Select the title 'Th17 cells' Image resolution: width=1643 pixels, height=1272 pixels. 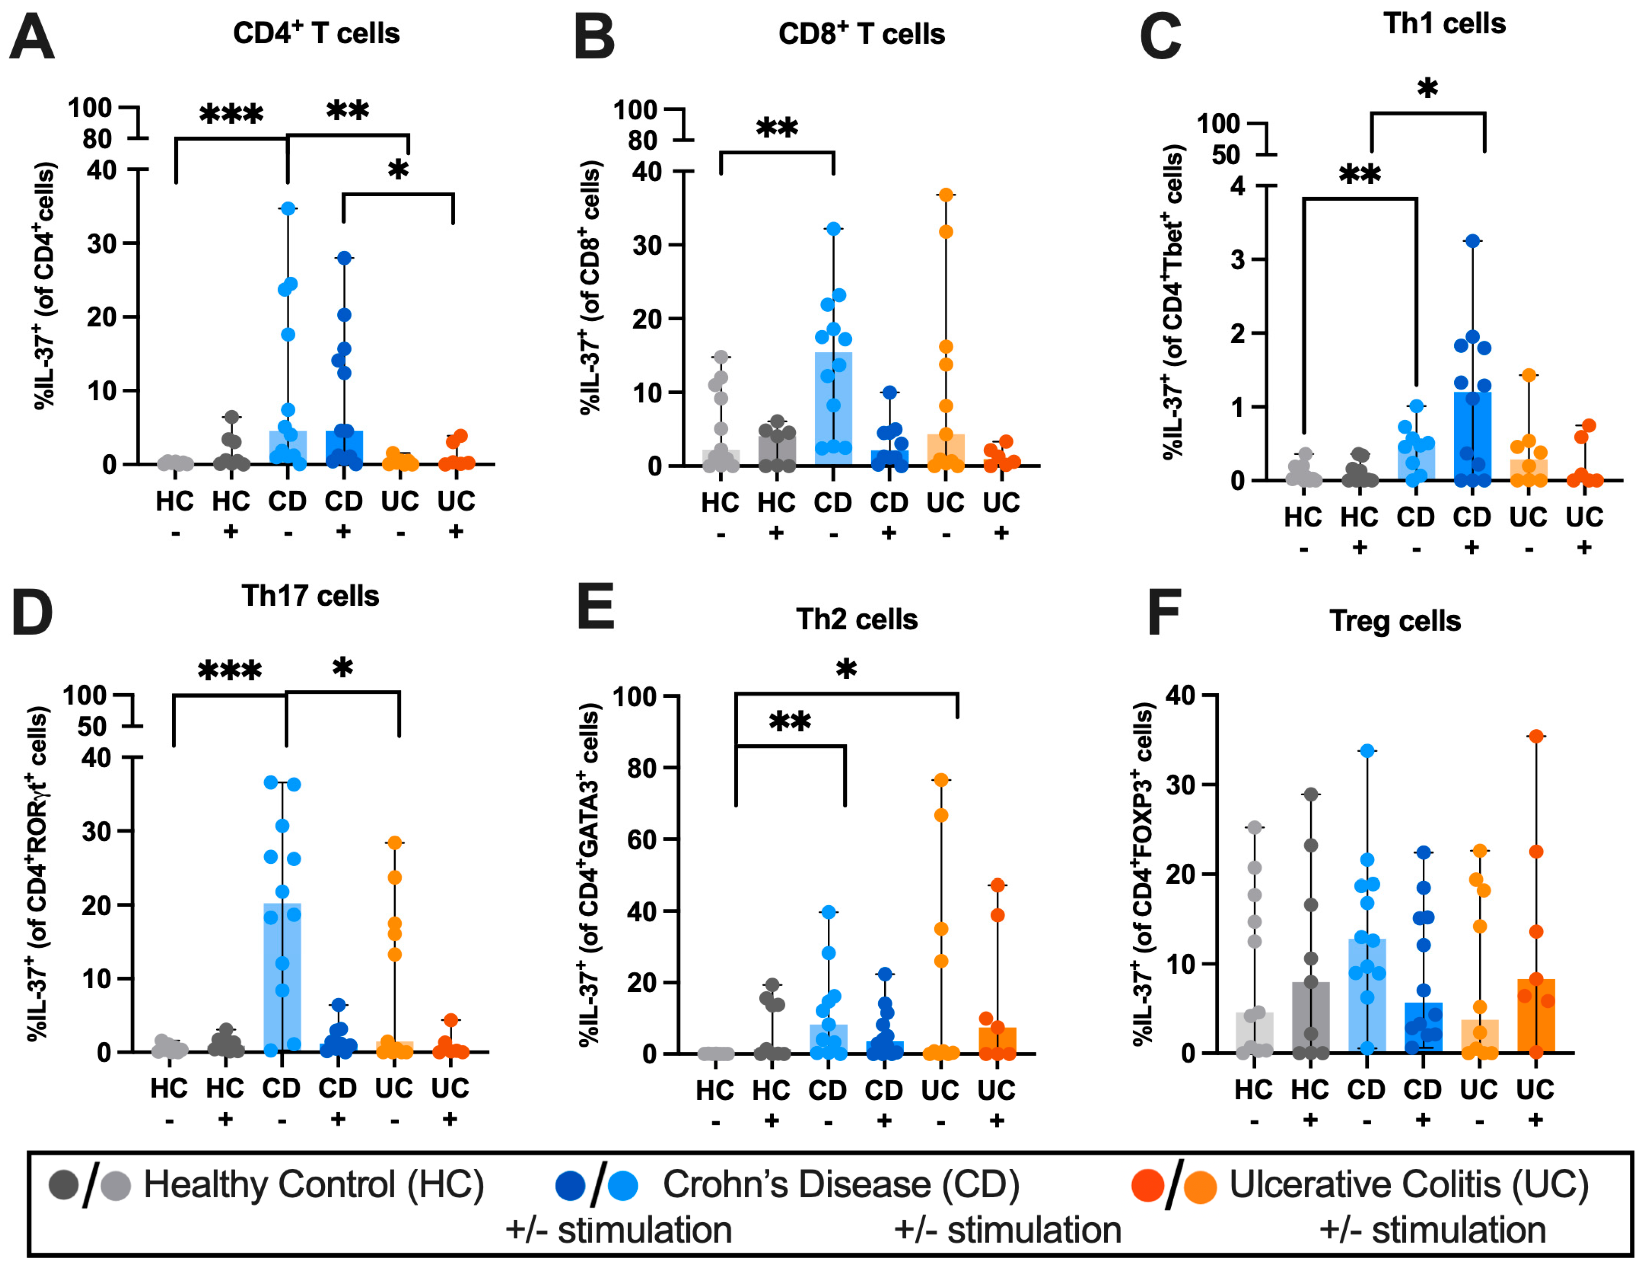click(310, 596)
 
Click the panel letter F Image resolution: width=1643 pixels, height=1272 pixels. click(1163, 613)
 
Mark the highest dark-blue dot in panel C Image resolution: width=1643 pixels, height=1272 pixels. click(1472, 241)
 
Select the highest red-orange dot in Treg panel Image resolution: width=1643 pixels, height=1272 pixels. click(1536, 736)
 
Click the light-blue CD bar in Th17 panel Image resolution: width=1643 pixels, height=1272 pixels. click(282, 977)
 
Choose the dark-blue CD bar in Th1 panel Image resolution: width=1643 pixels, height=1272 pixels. click(1472, 436)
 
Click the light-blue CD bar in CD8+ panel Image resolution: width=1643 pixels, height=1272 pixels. click(833, 409)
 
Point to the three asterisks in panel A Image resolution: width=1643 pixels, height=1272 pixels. click(231, 115)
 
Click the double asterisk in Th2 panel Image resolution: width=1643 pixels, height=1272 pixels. click(790, 722)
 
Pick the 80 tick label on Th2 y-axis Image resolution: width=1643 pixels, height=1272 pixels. click(642, 768)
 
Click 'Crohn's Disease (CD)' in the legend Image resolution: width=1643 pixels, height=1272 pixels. click(841, 1184)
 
